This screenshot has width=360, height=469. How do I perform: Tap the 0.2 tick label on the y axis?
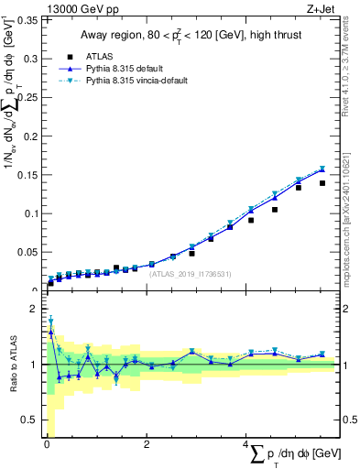click(x=30, y=136)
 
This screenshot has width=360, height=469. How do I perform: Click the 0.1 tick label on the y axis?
click(x=30, y=213)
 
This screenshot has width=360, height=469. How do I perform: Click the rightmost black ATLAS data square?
click(x=322, y=183)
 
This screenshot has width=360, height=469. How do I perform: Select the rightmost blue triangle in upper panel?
click(x=322, y=169)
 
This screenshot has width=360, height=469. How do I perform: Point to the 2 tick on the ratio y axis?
click(x=34, y=309)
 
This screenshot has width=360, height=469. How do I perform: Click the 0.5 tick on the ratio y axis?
click(x=30, y=420)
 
